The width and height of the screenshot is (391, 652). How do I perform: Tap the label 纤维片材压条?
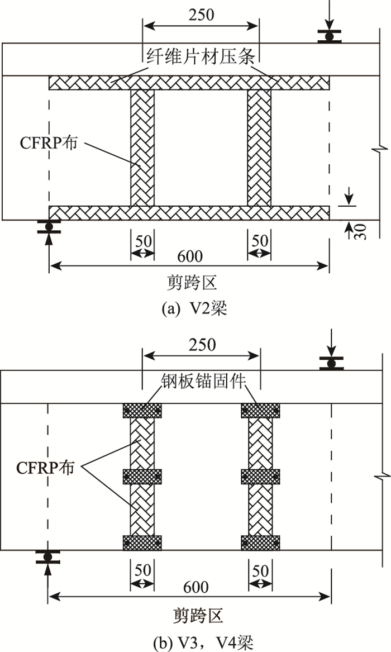click(x=202, y=56)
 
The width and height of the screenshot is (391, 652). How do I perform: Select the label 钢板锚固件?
click(x=202, y=382)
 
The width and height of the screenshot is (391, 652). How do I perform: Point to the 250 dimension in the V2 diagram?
click(x=202, y=14)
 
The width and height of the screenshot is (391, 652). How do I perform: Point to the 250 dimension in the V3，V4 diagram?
click(x=202, y=345)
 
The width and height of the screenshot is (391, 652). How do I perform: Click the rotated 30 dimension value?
click(x=360, y=231)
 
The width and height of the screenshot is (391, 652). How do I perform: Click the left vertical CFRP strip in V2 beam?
click(x=142, y=148)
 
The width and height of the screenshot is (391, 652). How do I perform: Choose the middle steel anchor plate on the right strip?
click(x=260, y=477)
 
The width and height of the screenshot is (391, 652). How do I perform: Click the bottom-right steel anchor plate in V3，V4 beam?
click(x=260, y=542)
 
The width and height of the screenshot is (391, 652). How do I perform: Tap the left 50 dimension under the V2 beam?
click(x=142, y=241)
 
